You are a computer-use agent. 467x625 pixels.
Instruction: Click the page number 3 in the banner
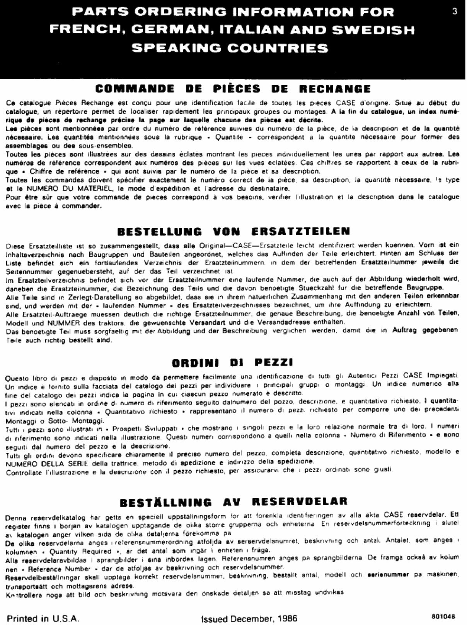(455, 12)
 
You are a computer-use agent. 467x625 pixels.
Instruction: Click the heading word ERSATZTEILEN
(301, 231)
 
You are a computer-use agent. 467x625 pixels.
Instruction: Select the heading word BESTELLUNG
(159, 231)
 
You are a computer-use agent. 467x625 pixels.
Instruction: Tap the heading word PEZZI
(274, 362)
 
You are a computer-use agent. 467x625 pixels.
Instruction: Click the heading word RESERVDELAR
(300, 502)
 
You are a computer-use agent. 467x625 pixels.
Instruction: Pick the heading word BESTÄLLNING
(165, 502)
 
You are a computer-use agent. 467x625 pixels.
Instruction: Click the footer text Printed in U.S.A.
(43, 618)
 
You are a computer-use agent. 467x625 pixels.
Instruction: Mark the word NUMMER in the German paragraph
(62, 322)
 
